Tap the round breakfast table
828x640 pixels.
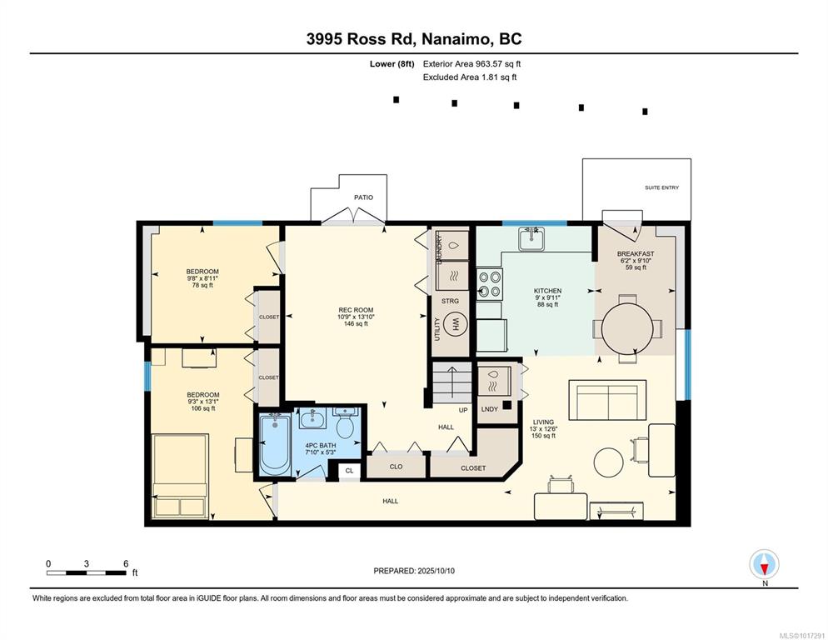coord(627,328)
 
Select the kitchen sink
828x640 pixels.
coord(529,238)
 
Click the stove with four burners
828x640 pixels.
coord(490,284)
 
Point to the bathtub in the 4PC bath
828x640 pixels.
coord(275,445)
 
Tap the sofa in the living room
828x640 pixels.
coord(608,399)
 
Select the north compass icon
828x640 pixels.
coord(764,564)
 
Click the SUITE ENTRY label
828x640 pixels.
coord(661,187)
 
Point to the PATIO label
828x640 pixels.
coord(363,197)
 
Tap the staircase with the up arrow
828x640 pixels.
coord(452,382)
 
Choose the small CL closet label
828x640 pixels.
coord(349,470)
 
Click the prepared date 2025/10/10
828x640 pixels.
coord(436,571)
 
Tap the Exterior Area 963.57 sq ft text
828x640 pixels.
coord(472,64)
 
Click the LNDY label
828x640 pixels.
coord(490,409)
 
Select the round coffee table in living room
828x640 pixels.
coord(609,462)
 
